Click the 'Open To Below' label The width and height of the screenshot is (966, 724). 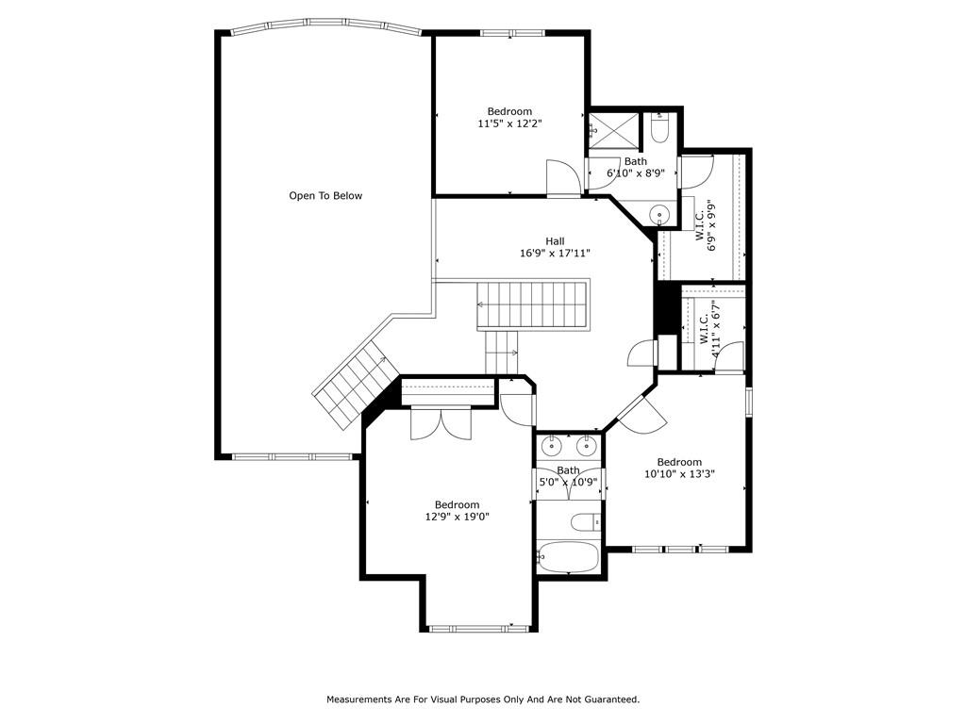[325, 196]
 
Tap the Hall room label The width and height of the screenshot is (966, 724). [555, 241]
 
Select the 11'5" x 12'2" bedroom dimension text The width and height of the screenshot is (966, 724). [509, 123]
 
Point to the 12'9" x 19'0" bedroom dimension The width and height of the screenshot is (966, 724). [458, 518]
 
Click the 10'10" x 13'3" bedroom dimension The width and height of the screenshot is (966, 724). [679, 474]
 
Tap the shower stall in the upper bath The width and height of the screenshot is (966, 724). [614, 130]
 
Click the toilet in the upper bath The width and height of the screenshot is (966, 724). [659, 127]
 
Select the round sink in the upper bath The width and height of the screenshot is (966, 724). [660, 216]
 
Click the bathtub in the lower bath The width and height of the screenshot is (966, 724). [567, 556]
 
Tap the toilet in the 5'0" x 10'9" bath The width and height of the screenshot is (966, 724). [586, 522]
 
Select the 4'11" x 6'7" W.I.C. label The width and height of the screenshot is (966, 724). [709, 329]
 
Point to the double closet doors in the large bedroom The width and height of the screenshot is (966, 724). [441, 423]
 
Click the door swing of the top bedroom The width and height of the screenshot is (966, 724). [562, 177]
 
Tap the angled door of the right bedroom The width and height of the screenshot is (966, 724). [641, 413]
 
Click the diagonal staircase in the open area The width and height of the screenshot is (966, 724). [356, 386]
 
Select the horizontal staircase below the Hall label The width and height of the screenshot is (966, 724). [533, 305]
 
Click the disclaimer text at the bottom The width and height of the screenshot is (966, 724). [483, 699]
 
